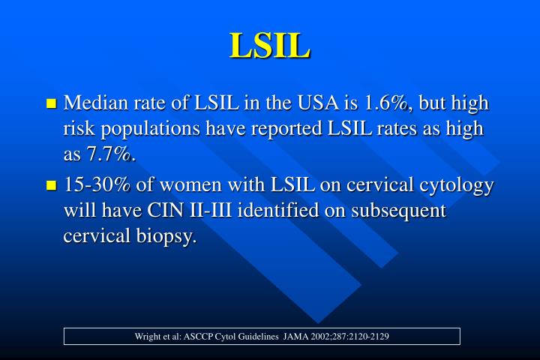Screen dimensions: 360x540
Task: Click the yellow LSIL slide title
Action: [x=270, y=45]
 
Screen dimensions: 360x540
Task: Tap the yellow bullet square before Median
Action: [x=52, y=103]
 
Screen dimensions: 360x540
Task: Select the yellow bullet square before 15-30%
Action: [x=52, y=185]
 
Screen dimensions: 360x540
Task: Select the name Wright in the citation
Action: [x=148, y=336]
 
